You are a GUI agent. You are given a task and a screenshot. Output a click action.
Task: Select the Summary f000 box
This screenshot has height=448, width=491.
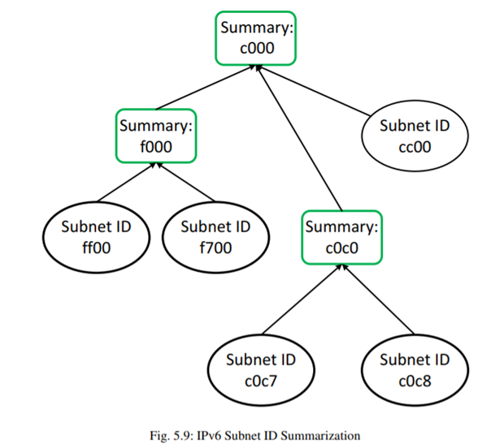pyautogui.click(x=157, y=136)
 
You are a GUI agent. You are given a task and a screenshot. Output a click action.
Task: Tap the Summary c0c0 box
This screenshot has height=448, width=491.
pyautogui.click(x=341, y=236)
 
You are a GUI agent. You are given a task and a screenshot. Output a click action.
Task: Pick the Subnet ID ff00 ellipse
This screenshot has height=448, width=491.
pyautogui.click(x=97, y=236)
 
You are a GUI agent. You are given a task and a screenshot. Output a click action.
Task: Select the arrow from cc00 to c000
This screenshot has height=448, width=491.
pyautogui.click(x=326, y=94)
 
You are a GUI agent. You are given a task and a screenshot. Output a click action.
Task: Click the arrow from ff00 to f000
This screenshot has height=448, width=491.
pyautogui.click(x=126, y=183)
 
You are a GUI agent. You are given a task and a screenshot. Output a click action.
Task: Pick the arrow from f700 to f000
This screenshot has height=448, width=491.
pyautogui.click(x=188, y=183)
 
